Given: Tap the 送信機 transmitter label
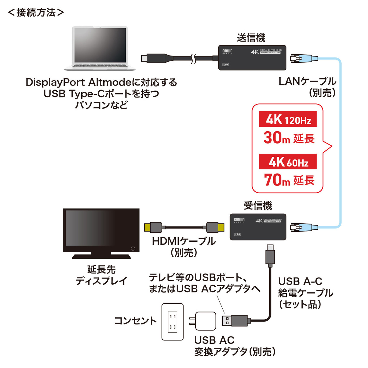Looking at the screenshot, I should [251, 38].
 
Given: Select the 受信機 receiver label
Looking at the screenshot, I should [258, 205].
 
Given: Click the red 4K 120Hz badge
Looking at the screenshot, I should [288, 119].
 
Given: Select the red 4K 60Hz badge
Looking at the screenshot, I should [288, 162].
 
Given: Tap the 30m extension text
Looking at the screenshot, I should [289, 138].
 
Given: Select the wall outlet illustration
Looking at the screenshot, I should [173, 322].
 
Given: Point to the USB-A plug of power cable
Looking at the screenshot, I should [235, 320].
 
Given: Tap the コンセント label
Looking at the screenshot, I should [135, 321].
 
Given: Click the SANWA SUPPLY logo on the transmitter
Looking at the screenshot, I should [227, 51].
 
